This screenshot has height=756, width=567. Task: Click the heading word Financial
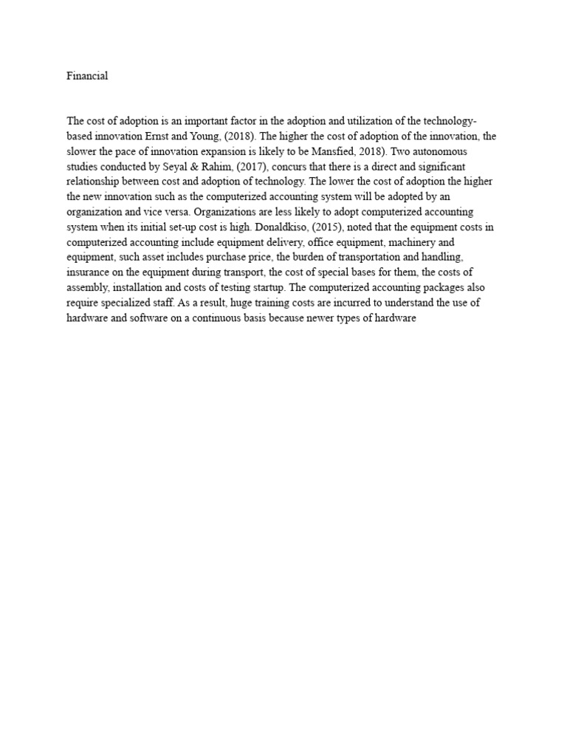click(x=87, y=76)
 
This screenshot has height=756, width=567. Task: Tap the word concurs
click(x=298, y=167)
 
